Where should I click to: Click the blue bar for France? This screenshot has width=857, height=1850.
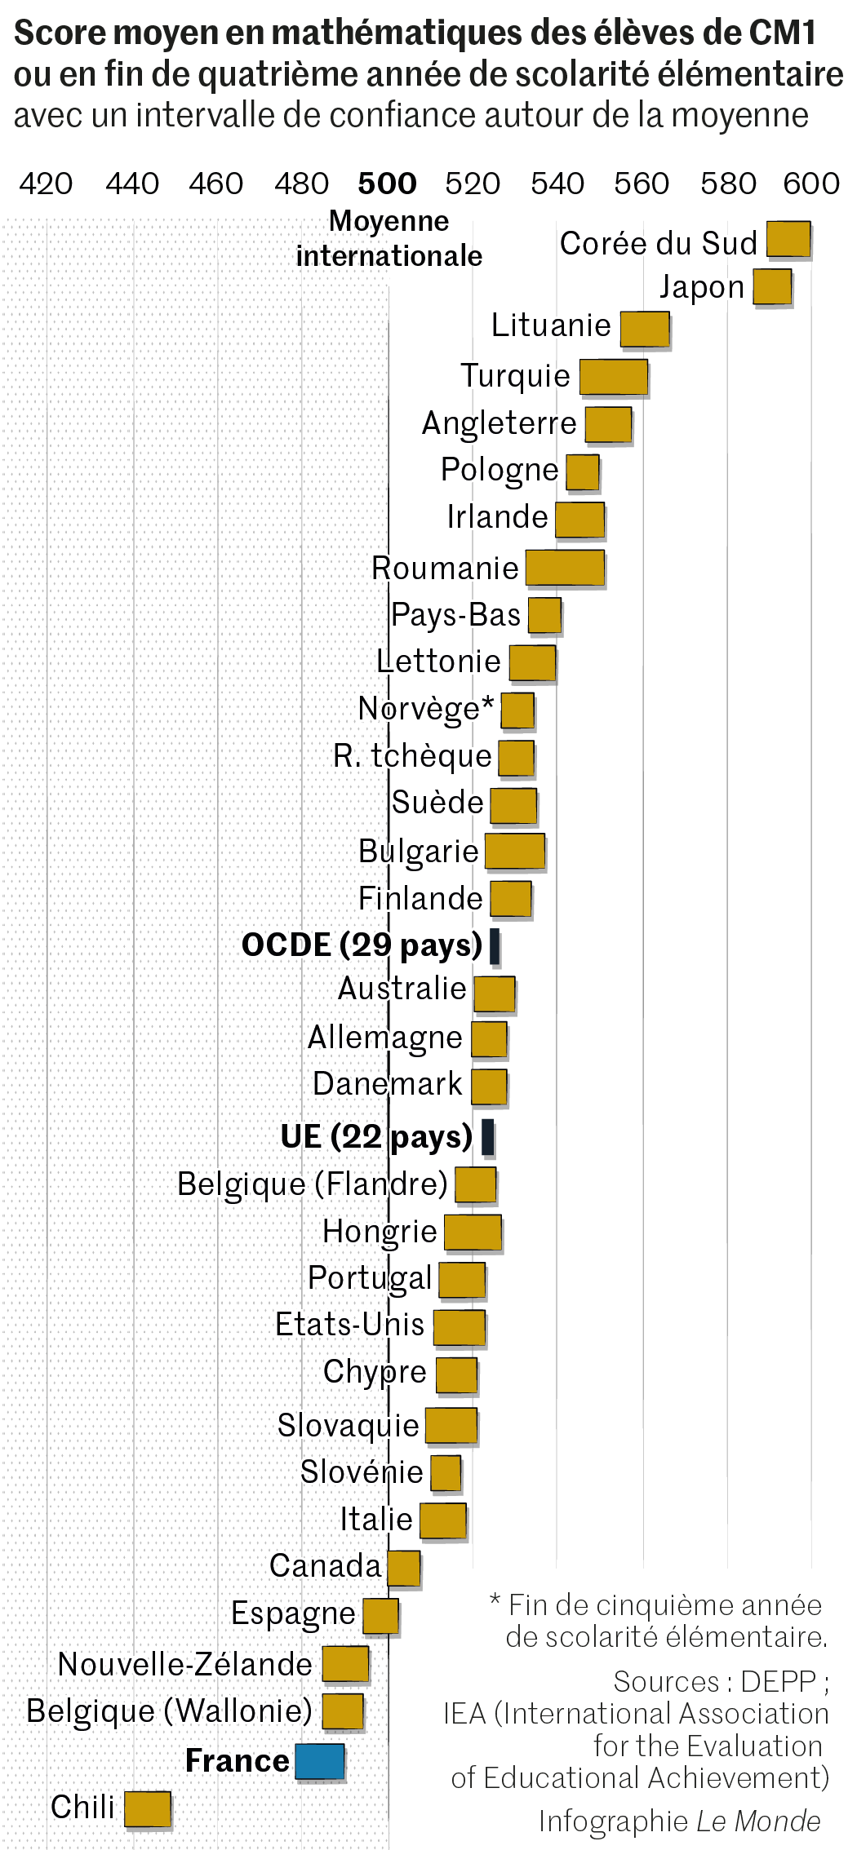pos(319,1761)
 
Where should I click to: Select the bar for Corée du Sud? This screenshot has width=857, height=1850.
pos(788,240)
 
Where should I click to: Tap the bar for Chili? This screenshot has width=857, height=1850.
pos(148,1808)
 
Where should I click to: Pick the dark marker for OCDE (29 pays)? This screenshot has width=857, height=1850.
pos(495,946)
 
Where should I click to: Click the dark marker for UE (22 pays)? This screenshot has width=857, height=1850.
pos(488,1136)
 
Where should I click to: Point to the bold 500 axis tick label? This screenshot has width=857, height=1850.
pos(387,184)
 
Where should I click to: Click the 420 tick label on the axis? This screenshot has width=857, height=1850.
pos(46,184)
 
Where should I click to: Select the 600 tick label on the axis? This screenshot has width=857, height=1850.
pos(810,184)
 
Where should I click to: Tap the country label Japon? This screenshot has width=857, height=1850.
pos(702,287)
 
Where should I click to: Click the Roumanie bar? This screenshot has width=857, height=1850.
pos(565,568)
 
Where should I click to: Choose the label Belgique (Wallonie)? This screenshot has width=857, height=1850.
pos(169,1711)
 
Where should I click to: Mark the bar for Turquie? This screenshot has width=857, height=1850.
pos(614,377)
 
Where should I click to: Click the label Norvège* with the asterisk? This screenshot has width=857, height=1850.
pos(426,709)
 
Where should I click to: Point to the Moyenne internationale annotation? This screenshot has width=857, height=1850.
pos(389,239)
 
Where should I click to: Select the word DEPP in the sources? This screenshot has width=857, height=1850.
pos(778,1682)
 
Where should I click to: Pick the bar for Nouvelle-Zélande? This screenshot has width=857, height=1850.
pos(345,1664)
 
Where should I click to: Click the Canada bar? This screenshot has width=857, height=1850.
pos(404,1568)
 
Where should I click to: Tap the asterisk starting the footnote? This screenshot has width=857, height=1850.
pos(495,1601)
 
